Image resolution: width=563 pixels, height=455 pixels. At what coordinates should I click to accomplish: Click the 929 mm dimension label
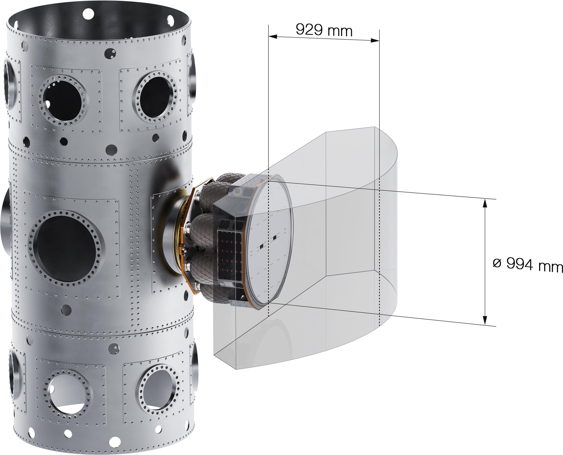[x=324, y=30]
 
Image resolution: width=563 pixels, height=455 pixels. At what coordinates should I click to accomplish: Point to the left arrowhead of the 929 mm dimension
[x=273, y=36]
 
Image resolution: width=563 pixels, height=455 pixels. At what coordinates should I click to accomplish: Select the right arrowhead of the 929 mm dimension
[x=375, y=40]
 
